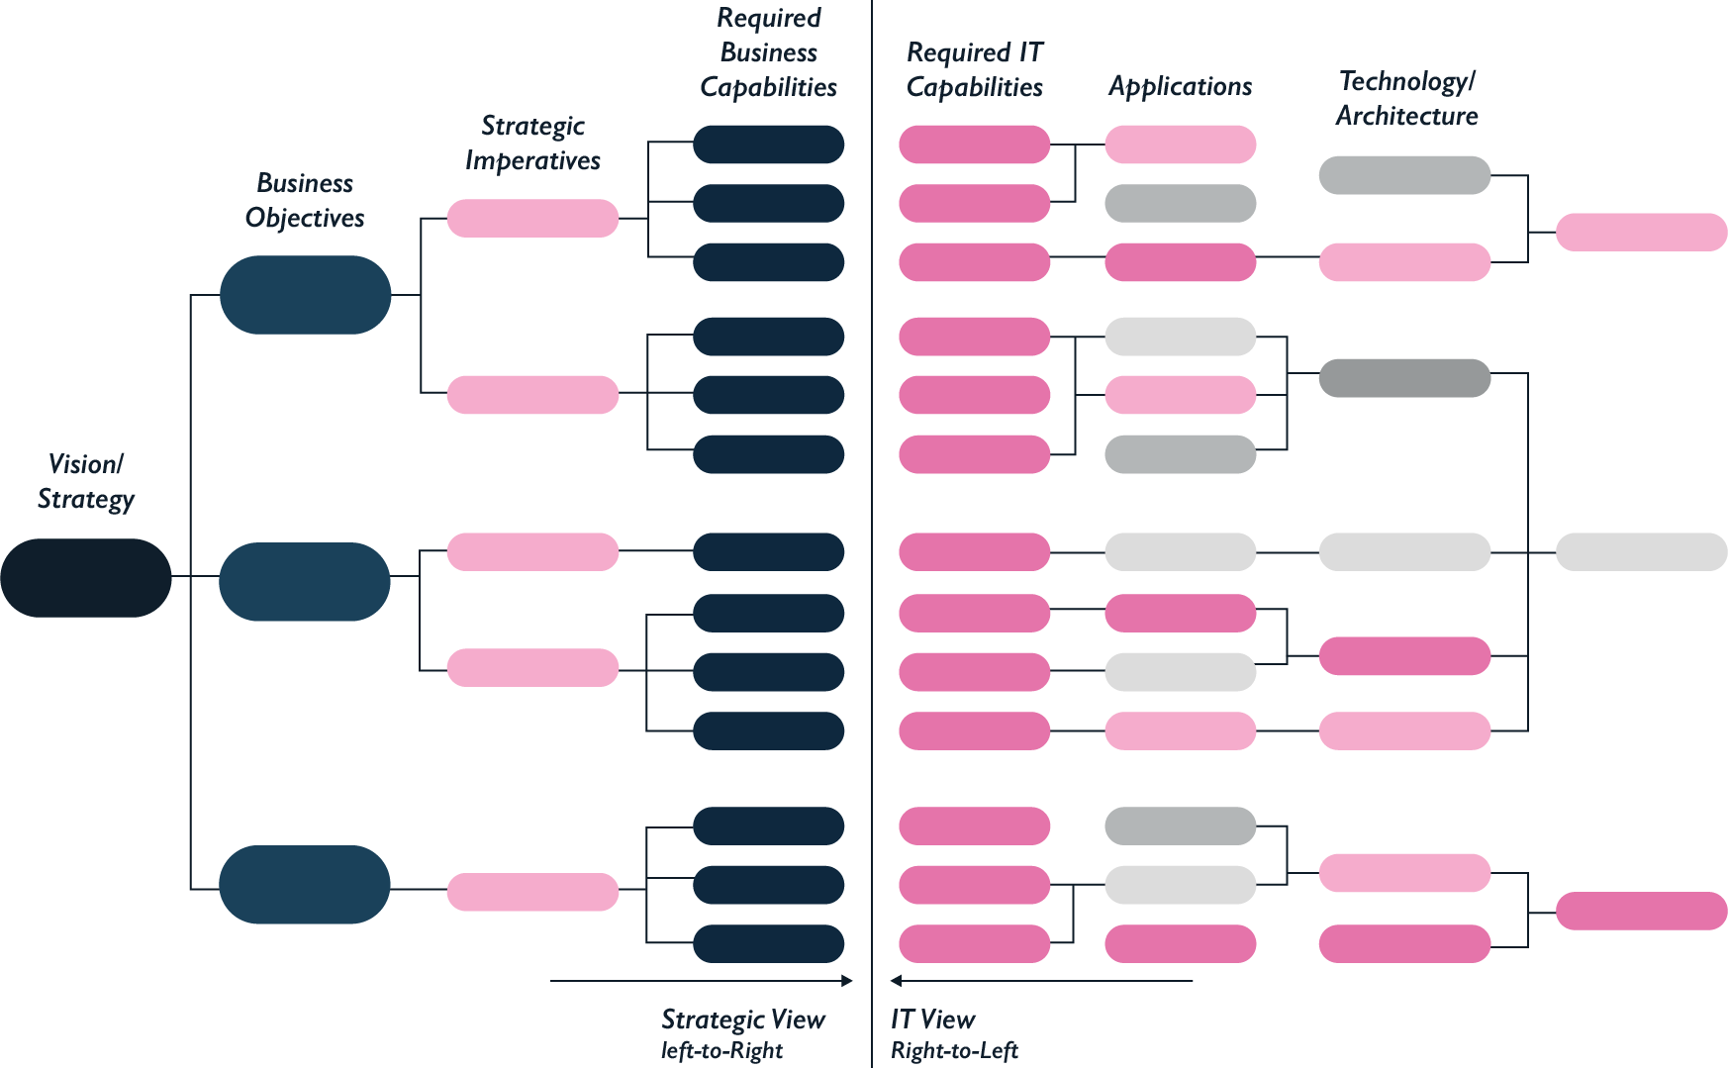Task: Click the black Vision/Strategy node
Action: (86, 578)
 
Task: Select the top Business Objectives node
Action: (305, 295)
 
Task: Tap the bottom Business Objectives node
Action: (305, 884)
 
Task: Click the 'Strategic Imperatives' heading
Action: (532, 144)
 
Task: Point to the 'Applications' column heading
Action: (1180, 87)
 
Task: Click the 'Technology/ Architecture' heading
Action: (1406, 98)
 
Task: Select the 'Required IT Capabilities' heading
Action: (975, 69)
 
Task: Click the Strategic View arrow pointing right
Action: (701, 981)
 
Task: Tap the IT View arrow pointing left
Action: (1041, 981)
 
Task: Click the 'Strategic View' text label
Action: (742, 1019)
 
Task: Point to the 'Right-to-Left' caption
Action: (954, 1051)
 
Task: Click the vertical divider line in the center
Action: (872, 534)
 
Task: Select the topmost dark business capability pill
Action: (768, 145)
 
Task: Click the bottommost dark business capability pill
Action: (768, 943)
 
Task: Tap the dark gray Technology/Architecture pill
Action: (1404, 378)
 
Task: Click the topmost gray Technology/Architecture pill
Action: (1404, 175)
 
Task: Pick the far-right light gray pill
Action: (1641, 552)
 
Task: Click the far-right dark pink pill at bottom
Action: (1641, 911)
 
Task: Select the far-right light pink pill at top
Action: (1641, 233)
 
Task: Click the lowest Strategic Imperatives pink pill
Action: (532, 892)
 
